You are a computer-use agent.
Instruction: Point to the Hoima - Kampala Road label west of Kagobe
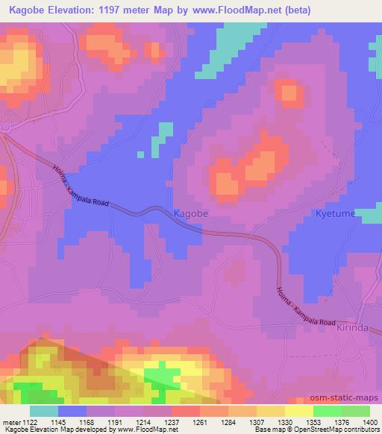(83, 189)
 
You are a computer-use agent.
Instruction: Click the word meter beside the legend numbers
(10, 421)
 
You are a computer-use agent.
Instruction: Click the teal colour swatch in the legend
(44, 411)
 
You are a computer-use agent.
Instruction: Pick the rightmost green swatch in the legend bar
(355, 411)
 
